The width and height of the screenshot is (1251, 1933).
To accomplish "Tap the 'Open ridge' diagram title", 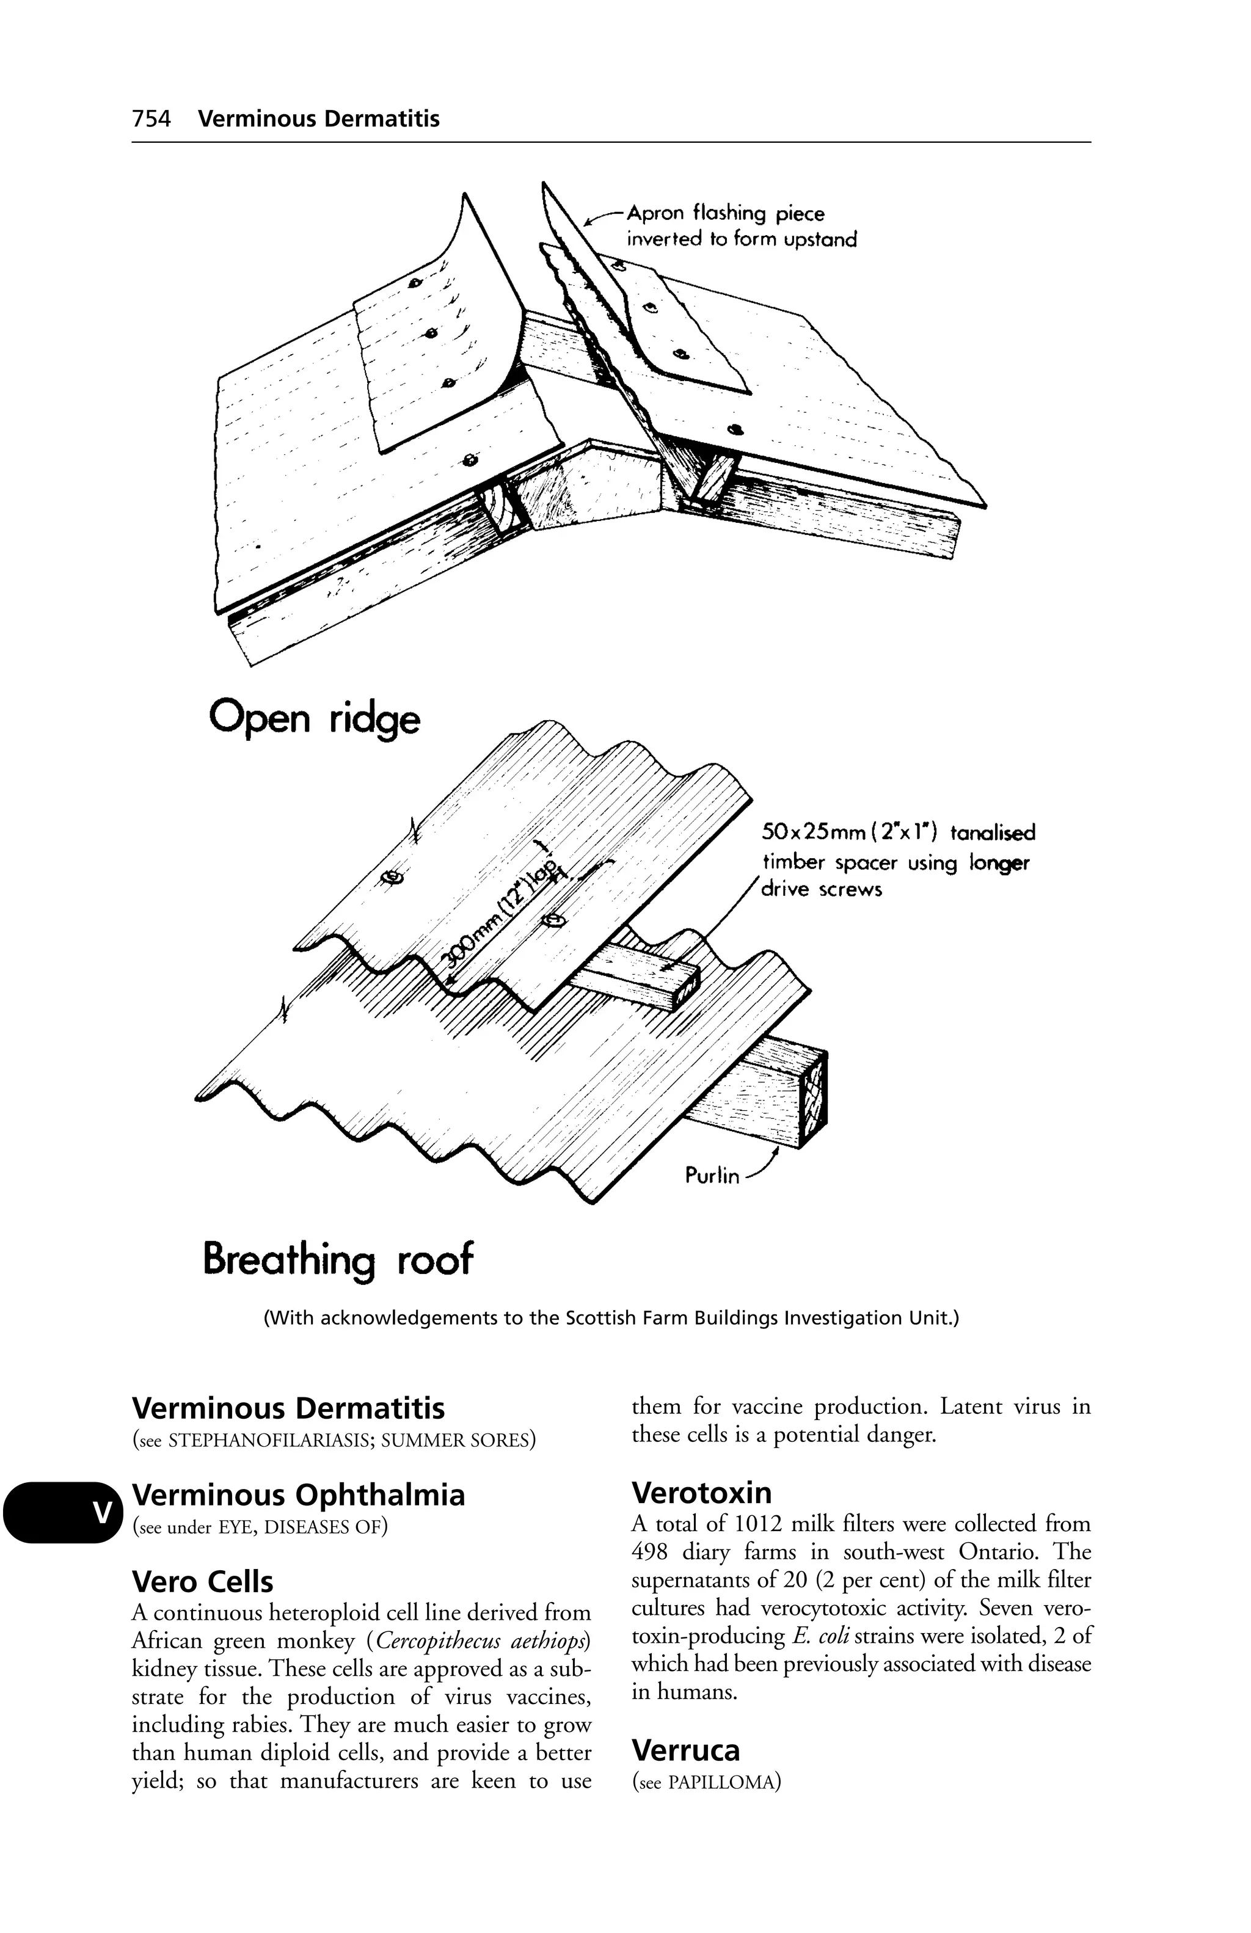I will coord(315,719).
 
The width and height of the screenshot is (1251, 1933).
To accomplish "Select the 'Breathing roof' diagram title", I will coord(337,1261).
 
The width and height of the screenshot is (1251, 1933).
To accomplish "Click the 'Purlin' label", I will coord(712,1175).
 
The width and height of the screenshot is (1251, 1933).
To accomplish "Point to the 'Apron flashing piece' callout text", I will coord(726,214).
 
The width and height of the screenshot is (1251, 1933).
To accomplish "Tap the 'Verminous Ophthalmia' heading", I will coord(298,1494).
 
